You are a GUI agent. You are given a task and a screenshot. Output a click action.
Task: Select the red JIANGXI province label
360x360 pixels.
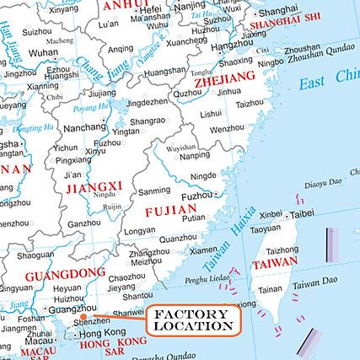(x=94, y=186)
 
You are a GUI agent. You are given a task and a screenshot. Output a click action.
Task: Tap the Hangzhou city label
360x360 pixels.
(x=231, y=44)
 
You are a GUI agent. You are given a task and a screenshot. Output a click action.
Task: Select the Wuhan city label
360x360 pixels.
(x=42, y=51)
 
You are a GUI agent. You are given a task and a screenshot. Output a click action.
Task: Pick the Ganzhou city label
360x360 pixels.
(x=84, y=223)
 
